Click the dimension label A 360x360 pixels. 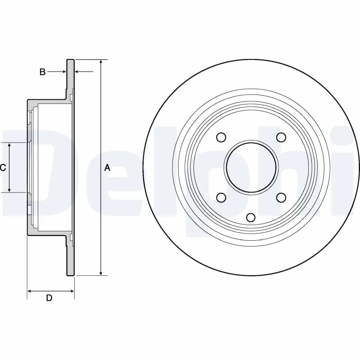pos(107,168)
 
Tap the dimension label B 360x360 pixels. pos(42,72)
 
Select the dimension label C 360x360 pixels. pos(3,168)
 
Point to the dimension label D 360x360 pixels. pos(49,298)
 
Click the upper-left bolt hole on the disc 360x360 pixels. pos(221,137)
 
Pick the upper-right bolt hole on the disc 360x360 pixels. pos(281,137)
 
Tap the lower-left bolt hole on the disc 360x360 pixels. pos(221,197)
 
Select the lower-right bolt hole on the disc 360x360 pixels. pos(281,197)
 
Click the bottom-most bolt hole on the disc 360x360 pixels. pos(251,217)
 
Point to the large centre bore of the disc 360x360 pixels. pos(251,167)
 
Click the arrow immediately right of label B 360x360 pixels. pos(63,72)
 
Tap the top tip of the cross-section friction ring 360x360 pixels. pos(70,60)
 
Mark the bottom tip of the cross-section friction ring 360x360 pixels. pos(70,274)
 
